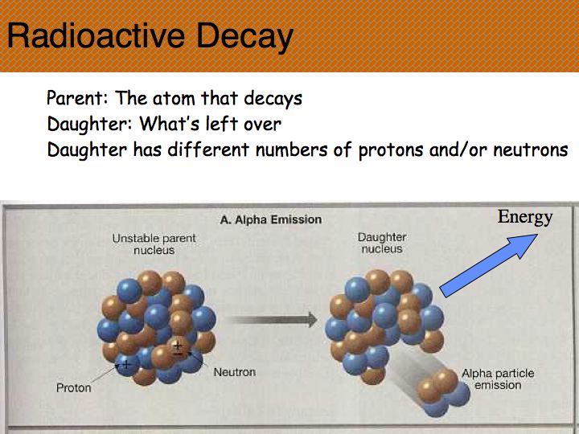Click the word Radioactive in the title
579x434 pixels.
point(96,36)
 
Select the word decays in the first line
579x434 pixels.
point(273,99)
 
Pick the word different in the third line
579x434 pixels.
point(208,149)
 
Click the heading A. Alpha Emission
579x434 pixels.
point(271,220)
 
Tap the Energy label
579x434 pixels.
point(524,218)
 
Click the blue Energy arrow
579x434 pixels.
point(488,265)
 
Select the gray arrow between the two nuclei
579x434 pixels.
point(272,320)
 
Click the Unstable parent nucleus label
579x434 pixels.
point(154,244)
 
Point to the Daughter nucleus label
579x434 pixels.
point(382,244)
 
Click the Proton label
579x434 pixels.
point(73,388)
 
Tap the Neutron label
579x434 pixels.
point(235,372)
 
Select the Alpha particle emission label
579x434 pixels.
point(498,379)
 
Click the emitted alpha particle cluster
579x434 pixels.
point(443,392)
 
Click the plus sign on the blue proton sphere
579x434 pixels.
point(126,365)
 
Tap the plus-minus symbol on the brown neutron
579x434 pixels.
point(178,349)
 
